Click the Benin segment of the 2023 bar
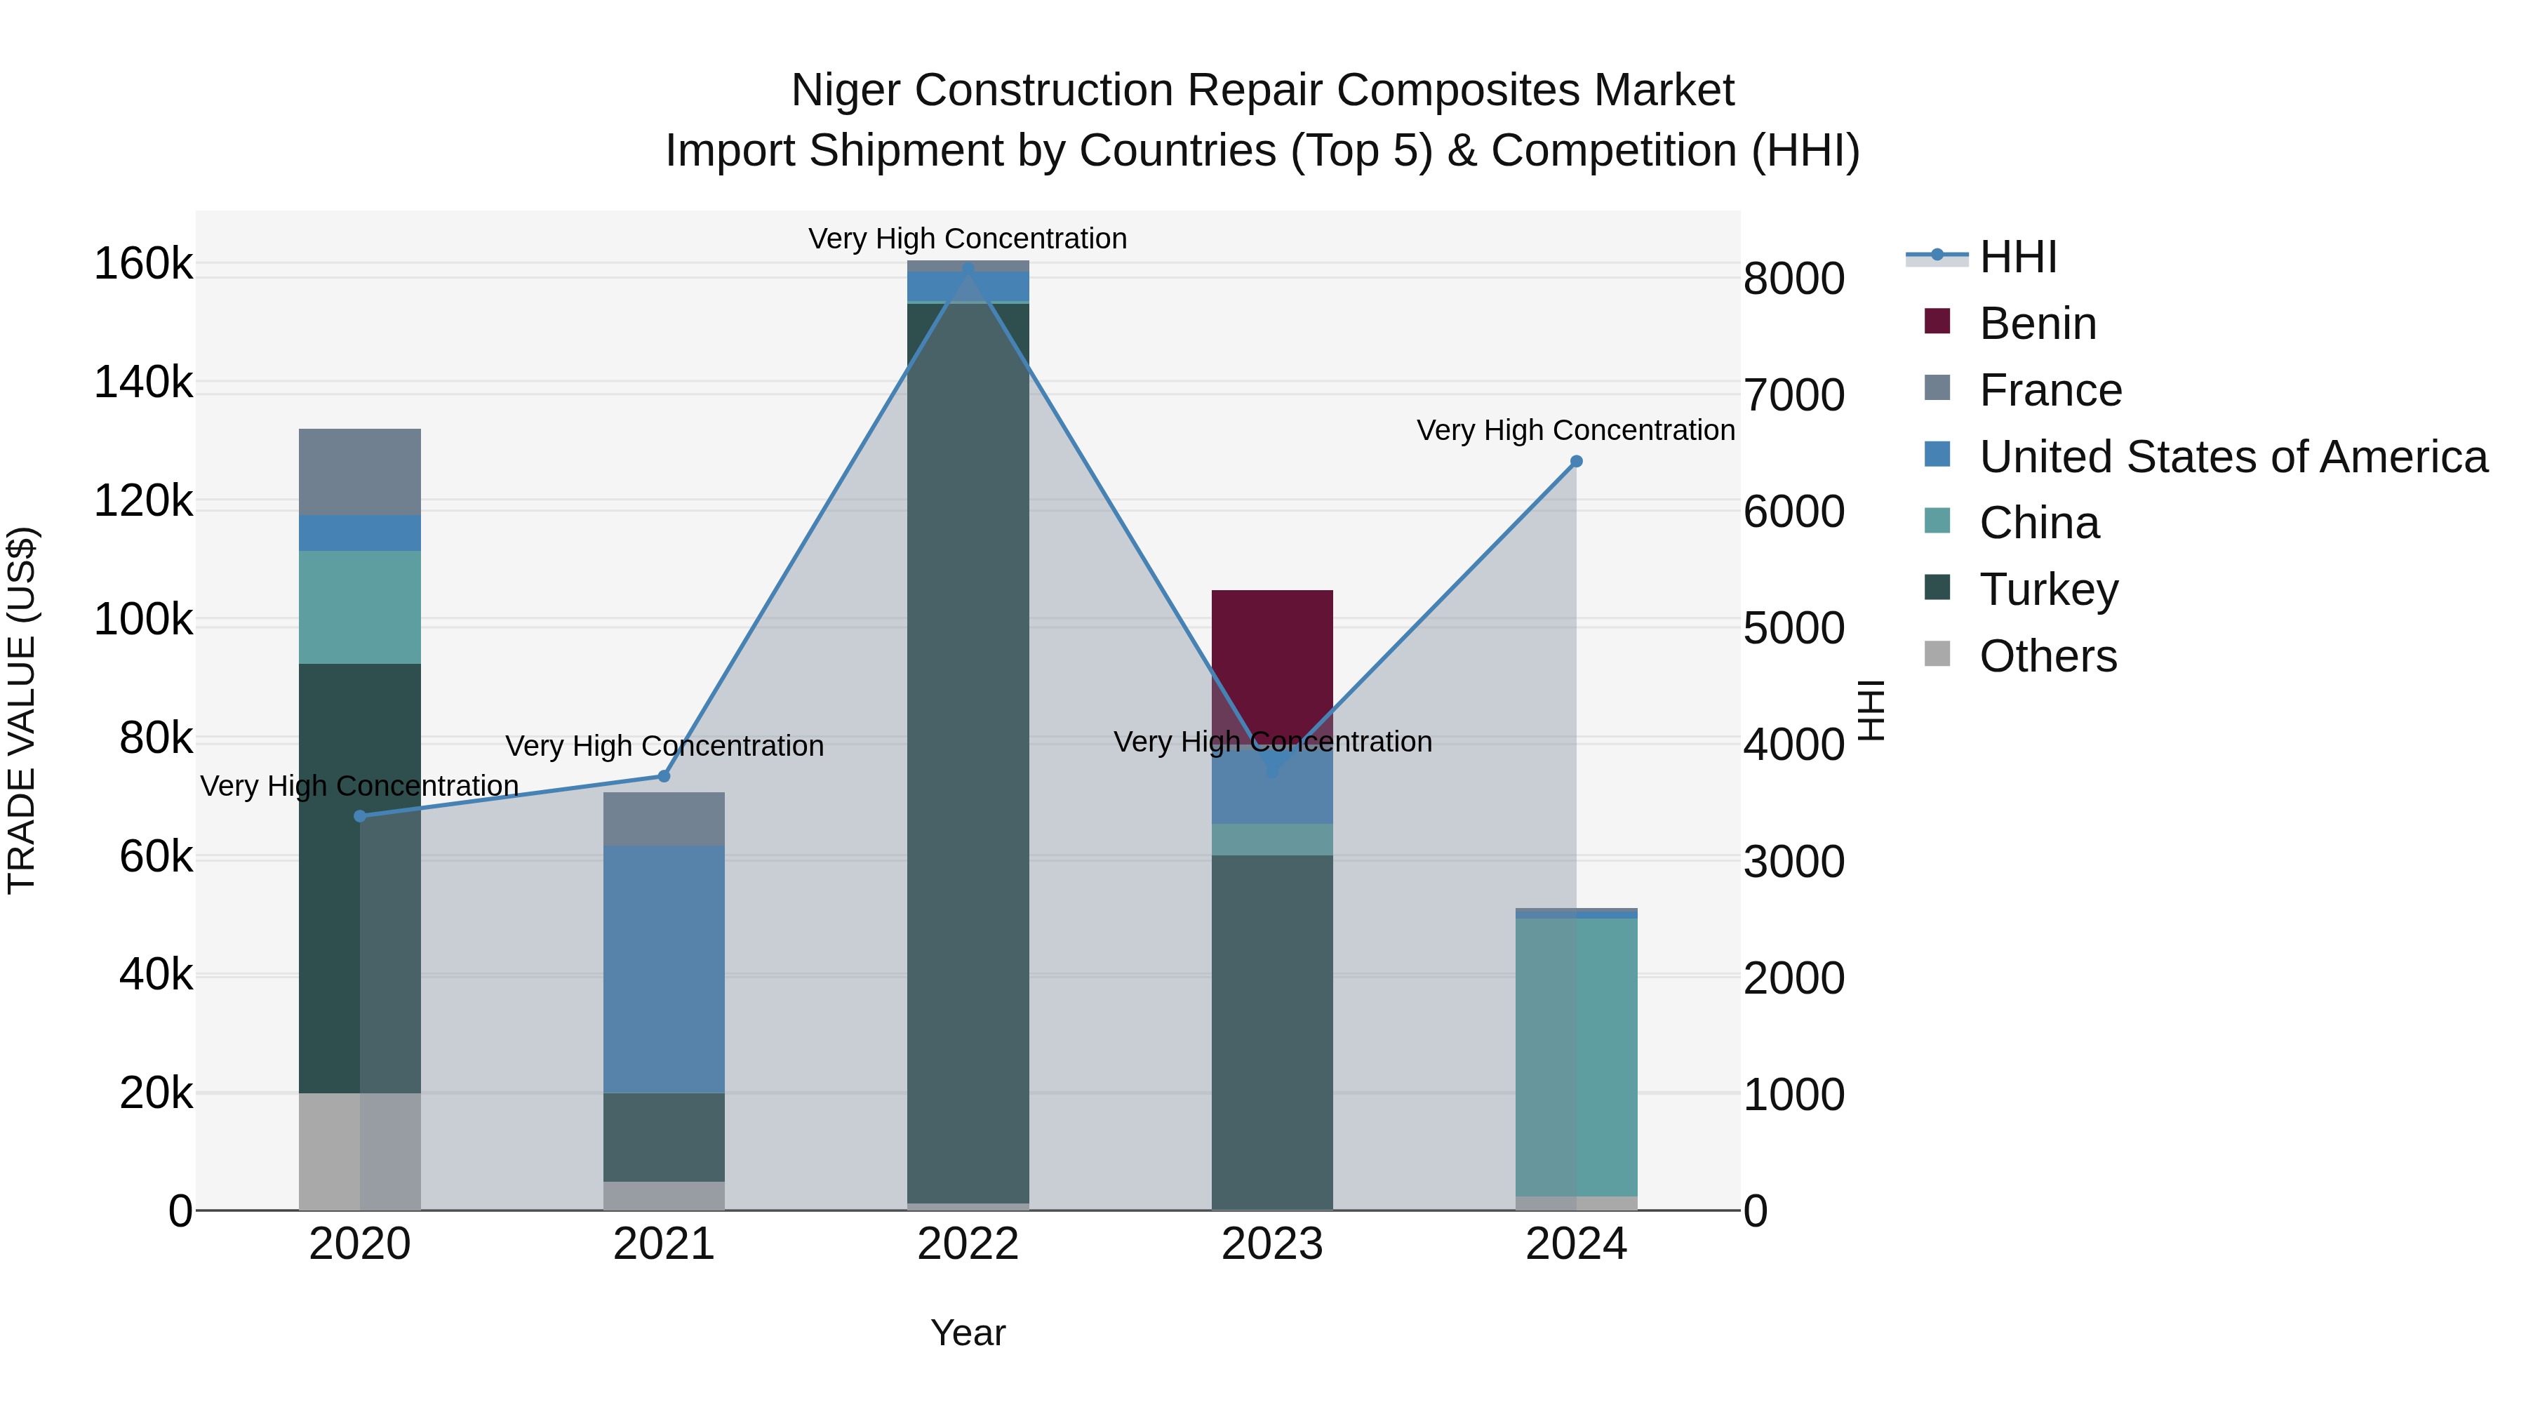(1272, 657)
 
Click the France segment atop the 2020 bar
(360, 472)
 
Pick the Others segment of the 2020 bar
(360, 1152)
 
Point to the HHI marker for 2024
(1576, 462)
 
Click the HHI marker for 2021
(664, 775)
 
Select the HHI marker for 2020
(360, 816)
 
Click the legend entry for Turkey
(2048, 589)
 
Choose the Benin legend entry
(2037, 323)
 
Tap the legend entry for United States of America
(2233, 457)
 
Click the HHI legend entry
(2017, 257)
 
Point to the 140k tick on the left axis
(143, 382)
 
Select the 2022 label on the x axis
(968, 1244)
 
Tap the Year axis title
(968, 1333)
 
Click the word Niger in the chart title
(846, 91)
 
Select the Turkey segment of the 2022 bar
(968, 745)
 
